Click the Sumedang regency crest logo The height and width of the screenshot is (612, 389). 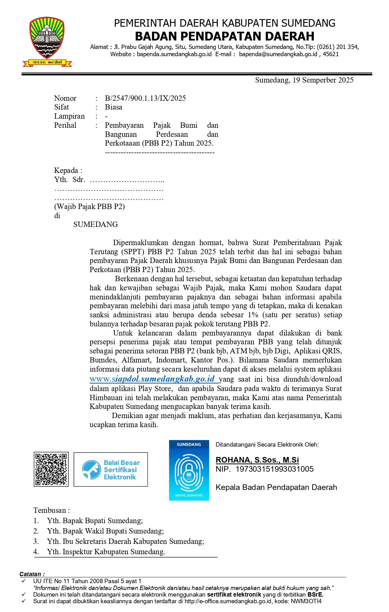point(47,41)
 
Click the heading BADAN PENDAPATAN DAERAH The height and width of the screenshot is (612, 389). point(224,36)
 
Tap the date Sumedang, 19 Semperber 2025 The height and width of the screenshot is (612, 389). point(304,80)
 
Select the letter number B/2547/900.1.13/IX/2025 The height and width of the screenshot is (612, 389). point(145,98)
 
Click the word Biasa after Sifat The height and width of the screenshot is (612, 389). point(113,107)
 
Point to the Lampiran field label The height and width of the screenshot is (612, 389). point(69,116)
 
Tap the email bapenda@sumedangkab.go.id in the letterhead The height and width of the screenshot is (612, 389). point(278,54)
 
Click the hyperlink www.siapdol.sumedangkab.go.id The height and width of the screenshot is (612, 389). point(152,379)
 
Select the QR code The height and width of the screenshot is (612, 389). point(51,470)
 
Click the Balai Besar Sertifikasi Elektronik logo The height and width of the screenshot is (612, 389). point(111,470)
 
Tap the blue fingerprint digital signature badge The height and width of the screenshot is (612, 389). point(189,470)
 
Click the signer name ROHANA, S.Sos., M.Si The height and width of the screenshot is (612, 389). point(257,460)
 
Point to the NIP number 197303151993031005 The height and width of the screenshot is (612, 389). point(274,469)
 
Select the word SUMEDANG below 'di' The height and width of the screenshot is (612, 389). point(96,225)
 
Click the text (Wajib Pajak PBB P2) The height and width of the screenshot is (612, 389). point(89,207)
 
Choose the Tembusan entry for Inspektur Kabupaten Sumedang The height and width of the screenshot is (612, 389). point(106,552)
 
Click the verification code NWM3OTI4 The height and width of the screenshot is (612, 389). point(306,601)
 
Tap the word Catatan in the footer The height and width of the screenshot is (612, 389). point(30,574)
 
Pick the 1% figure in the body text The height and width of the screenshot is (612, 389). point(253,315)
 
